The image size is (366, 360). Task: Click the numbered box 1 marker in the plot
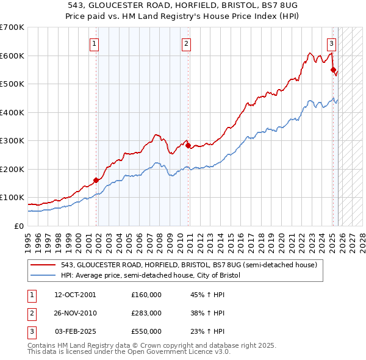pyautogui.click(x=96, y=43)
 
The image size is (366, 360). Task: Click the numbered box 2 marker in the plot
pyautogui.click(x=185, y=43)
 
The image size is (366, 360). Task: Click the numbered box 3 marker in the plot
pyautogui.click(x=331, y=43)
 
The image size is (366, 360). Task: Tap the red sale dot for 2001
pyautogui.click(x=96, y=180)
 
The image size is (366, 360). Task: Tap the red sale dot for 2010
pyautogui.click(x=188, y=145)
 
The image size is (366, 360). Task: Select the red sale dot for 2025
pyautogui.click(x=333, y=70)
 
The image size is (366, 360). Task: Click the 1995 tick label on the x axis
pyautogui.click(x=27, y=238)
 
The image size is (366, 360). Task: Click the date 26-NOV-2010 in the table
pyautogui.click(x=75, y=313)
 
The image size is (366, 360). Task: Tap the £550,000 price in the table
pyautogui.click(x=146, y=331)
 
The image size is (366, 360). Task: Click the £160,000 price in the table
pyautogui.click(x=146, y=295)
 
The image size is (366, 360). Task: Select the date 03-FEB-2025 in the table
pyautogui.click(x=75, y=331)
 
